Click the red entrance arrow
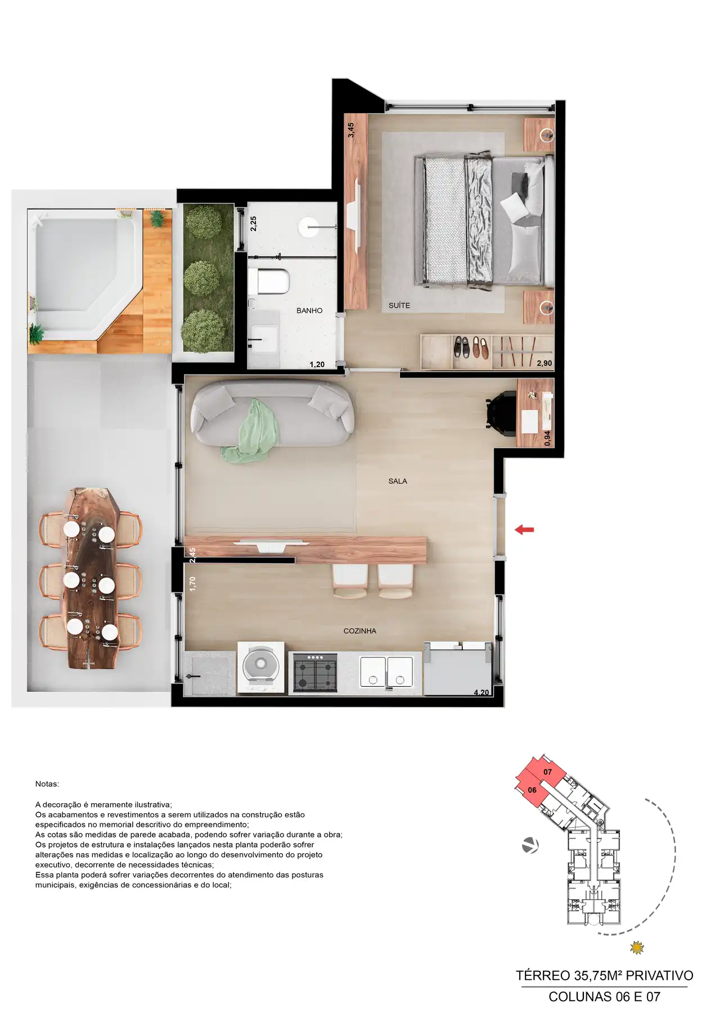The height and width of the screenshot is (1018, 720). (x=524, y=529)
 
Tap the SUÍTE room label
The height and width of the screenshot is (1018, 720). (x=399, y=305)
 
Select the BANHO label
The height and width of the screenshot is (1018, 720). (x=309, y=310)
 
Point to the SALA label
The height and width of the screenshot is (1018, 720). (x=398, y=481)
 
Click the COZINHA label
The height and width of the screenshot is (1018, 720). (x=360, y=631)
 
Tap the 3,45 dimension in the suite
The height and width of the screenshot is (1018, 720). (x=351, y=130)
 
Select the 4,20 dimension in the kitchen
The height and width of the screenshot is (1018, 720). (x=481, y=692)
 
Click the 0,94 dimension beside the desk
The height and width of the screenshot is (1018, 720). (x=547, y=438)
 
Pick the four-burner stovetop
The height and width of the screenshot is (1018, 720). (x=315, y=673)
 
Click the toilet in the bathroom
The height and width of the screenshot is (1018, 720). (x=270, y=281)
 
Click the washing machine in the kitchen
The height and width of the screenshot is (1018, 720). (x=260, y=667)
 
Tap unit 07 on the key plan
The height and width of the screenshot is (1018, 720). (x=548, y=772)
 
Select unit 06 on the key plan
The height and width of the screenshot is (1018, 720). (x=532, y=790)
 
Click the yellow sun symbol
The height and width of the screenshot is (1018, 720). (x=637, y=948)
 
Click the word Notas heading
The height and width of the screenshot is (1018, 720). (x=47, y=783)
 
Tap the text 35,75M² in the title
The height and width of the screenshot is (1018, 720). (x=598, y=976)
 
